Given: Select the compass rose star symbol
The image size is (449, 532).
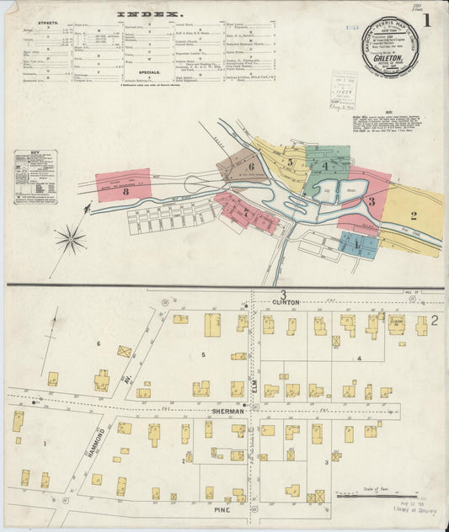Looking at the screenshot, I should (x=71, y=240).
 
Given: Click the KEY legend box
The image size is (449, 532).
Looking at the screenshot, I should (x=35, y=178).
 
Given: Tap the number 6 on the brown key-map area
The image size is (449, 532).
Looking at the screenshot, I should (x=251, y=166).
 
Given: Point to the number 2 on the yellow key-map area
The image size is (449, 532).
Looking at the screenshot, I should (x=414, y=215).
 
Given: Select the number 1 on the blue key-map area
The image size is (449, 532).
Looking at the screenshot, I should (x=356, y=244).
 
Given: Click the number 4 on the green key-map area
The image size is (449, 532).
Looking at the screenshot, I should (x=325, y=166).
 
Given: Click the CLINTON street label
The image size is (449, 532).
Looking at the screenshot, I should (x=286, y=301).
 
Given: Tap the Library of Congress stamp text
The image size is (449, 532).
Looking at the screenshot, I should (x=408, y=520).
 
